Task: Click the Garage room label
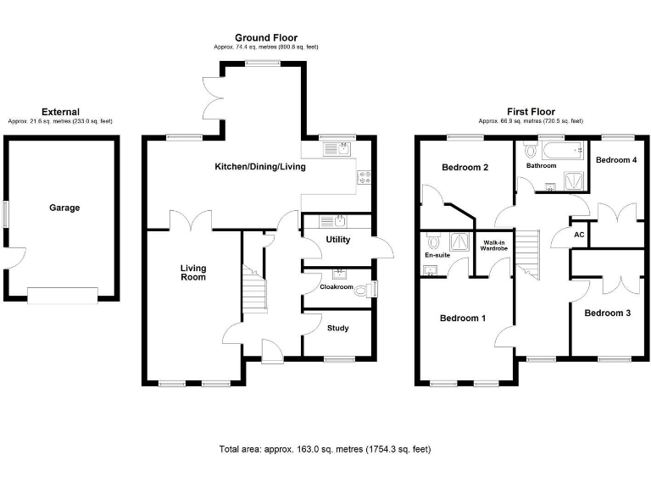pos(64,208)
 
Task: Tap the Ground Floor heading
pos(266,38)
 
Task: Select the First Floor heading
pos(531,112)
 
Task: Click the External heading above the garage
pos(60,112)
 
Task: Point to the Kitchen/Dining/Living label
pos(259,167)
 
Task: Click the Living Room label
pos(192,273)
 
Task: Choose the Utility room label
pos(338,240)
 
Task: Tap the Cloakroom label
pos(336,287)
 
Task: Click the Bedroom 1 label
pos(463,319)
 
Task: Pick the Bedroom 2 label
pos(465,168)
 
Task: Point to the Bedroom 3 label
pos(608,313)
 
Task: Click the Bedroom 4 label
pos(615,160)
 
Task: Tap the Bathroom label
pos(541,166)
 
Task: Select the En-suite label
pos(437,254)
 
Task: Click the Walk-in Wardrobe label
pos(494,246)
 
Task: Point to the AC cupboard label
pos(580,235)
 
